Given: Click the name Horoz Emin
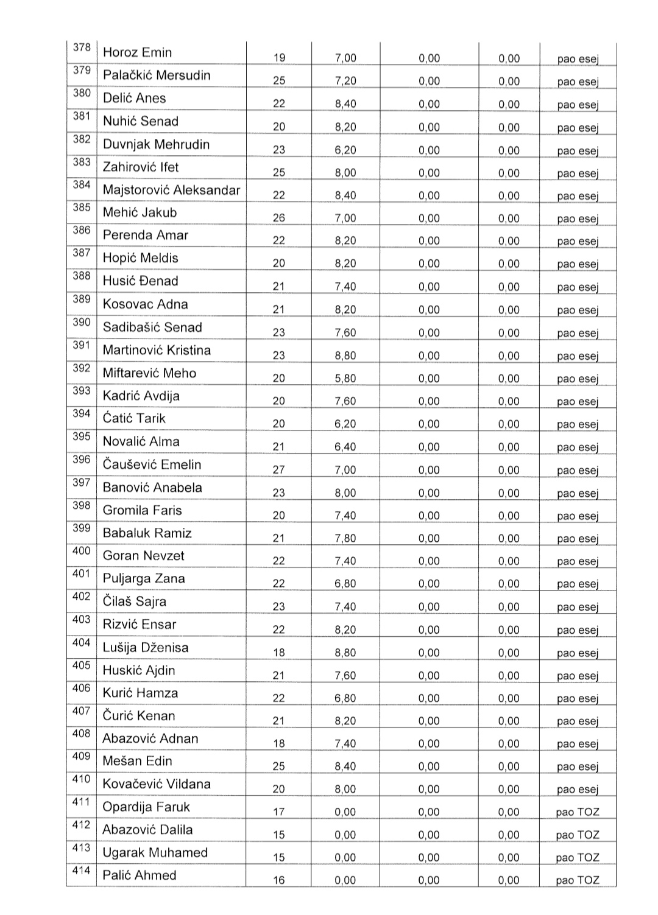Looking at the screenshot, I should [x=137, y=52].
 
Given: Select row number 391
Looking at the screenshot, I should [x=82, y=345].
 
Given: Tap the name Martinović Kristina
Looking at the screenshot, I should [x=157, y=350].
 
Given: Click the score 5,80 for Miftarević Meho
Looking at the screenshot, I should [x=345, y=378].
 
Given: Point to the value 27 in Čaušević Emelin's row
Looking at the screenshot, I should [x=278, y=470].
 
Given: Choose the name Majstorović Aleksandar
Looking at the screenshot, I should [x=171, y=190].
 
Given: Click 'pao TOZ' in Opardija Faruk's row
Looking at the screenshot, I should [x=578, y=812].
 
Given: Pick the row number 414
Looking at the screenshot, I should [x=82, y=871].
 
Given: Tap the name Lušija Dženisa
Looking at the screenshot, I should [x=146, y=647].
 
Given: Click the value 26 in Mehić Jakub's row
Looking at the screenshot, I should [x=278, y=218].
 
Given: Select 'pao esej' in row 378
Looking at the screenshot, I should [x=578, y=59].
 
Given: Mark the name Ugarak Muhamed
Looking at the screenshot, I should [x=155, y=852].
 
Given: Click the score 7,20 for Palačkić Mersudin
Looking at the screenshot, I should [x=345, y=81].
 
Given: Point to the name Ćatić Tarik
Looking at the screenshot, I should [x=134, y=418].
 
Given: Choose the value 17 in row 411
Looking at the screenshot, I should [x=278, y=812].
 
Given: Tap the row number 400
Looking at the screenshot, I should [x=82, y=551].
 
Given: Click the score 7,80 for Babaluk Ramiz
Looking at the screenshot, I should [x=345, y=538].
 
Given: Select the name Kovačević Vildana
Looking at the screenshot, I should [x=157, y=784].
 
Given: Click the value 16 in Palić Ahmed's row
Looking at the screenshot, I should [x=278, y=880].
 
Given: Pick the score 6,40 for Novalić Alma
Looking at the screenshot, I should [x=345, y=447].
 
